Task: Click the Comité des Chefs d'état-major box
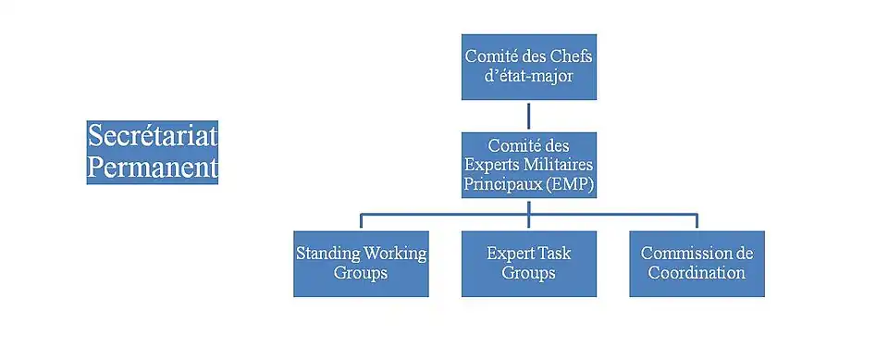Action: [529, 67]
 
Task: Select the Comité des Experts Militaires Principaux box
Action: [529, 165]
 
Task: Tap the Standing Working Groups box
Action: [361, 264]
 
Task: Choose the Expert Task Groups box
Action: [529, 264]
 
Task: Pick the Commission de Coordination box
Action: [697, 264]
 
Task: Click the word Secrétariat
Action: [153, 136]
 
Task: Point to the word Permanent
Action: [153, 168]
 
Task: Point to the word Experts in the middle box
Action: [488, 166]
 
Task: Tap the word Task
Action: [554, 254]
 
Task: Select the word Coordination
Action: [697, 273]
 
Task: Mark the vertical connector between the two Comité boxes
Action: [529, 117]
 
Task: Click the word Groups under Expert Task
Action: [528, 273]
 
